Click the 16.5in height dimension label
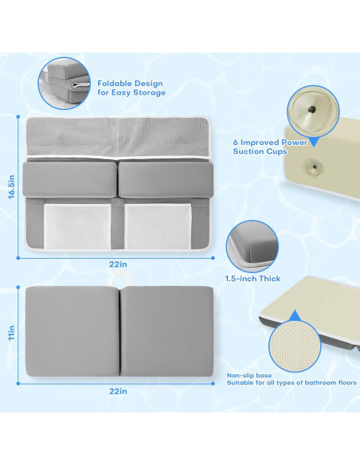(x=12, y=186)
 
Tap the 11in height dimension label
(x=12, y=333)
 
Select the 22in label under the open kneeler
(x=118, y=264)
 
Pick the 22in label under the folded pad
(x=118, y=391)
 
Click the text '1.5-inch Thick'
(x=252, y=279)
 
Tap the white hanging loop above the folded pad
(x=119, y=279)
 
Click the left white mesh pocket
(x=77, y=226)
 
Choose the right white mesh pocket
(x=158, y=226)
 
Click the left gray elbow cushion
(x=69, y=179)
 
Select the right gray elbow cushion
(x=166, y=179)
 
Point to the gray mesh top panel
(x=118, y=137)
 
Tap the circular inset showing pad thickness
(x=252, y=246)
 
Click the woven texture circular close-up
(x=295, y=346)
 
